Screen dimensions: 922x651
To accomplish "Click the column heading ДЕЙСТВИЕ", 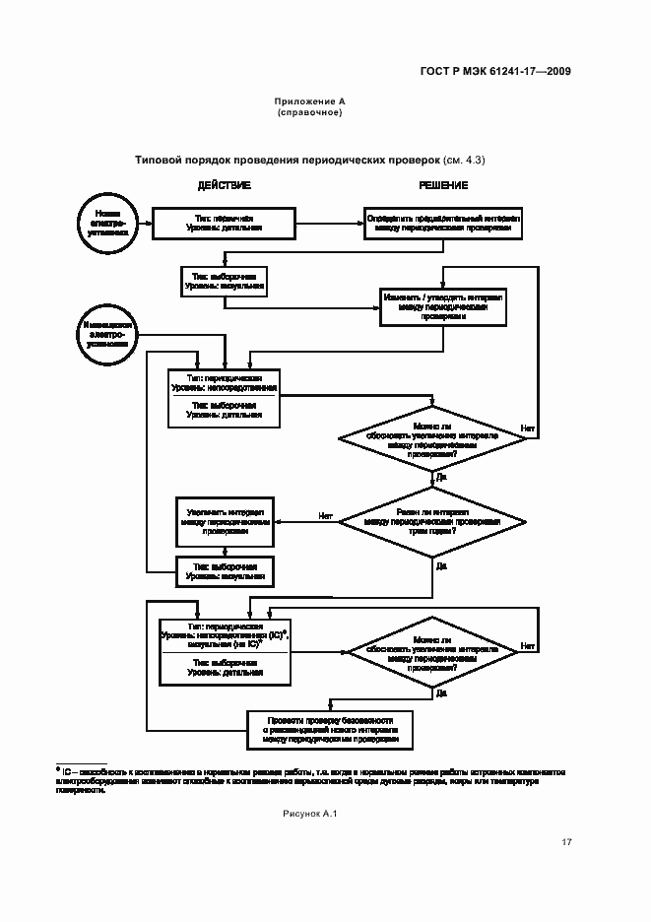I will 225,186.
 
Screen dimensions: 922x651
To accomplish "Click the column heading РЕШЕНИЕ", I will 443,186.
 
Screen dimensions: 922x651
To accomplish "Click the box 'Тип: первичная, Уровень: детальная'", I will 225,223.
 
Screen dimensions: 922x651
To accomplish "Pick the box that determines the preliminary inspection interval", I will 443,223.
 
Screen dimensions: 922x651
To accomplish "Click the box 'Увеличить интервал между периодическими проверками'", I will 225,521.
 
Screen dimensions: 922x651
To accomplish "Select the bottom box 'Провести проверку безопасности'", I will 330,729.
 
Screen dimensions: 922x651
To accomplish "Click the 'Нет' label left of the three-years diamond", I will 325,515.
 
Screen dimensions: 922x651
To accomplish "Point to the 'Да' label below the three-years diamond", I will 441,566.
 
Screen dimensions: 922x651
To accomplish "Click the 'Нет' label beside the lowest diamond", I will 528,646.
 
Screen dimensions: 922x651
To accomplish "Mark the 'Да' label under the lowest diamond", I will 440,692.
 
